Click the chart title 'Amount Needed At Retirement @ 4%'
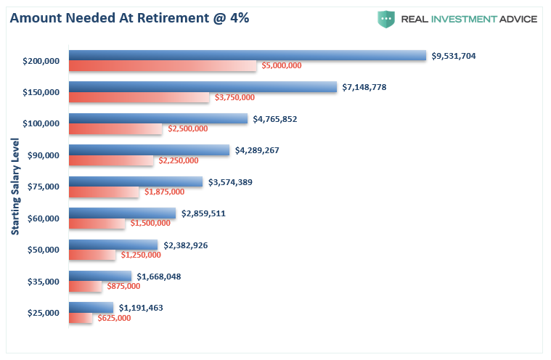click(x=129, y=18)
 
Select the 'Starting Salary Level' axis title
click(x=15, y=185)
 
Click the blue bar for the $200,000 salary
click(x=247, y=55)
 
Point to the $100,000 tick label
click(x=41, y=123)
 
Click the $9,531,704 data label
click(x=454, y=56)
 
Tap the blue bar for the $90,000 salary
click(x=149, y=150)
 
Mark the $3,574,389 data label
click(x=230, y=182)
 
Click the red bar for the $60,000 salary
click(x=97, y=224)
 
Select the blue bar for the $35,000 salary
click(x=100, y=276)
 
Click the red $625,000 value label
click(x=115, y=318)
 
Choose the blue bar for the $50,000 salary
click(x=113, y=245)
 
